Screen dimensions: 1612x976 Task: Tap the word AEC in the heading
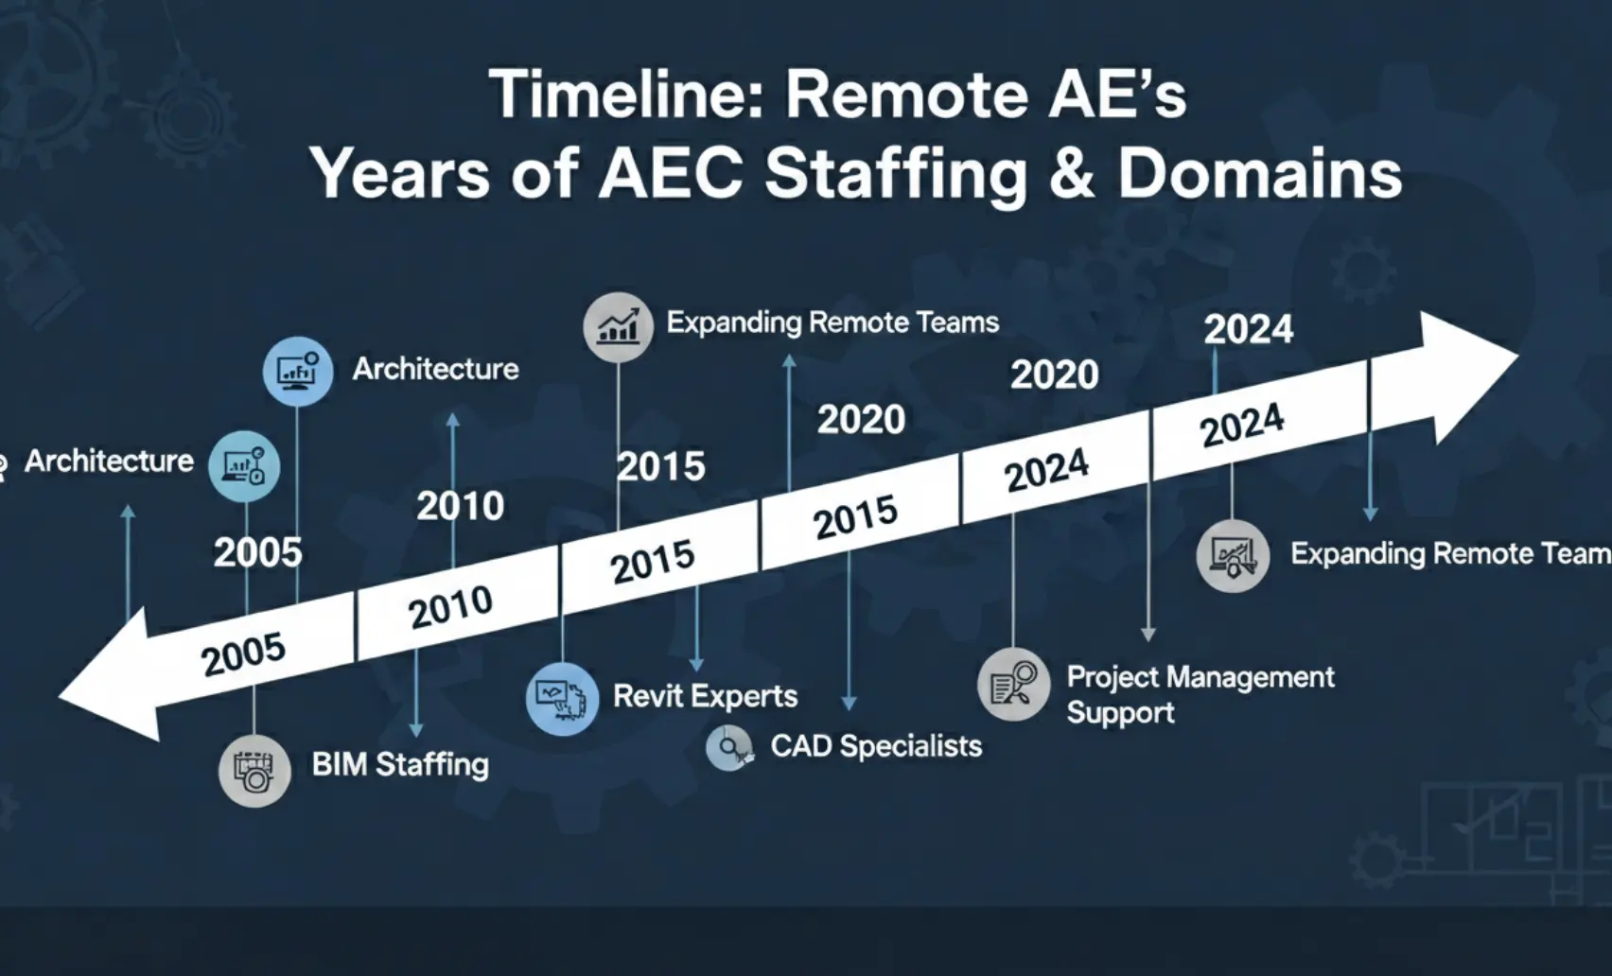670,175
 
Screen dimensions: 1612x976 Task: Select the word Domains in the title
1259,175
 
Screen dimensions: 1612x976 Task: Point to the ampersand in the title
1073,175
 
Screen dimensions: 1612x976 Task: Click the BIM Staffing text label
400,764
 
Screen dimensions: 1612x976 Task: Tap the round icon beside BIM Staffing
254,771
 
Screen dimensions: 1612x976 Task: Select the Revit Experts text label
706,696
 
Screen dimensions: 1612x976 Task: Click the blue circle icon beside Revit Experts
562,699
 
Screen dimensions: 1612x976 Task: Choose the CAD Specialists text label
877,746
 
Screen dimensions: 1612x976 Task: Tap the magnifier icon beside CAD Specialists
729,748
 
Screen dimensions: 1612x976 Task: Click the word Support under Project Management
1120,713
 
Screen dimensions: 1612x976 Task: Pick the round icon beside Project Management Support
1013,685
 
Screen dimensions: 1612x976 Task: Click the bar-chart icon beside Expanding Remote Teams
618,327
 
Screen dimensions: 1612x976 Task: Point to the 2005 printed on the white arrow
243,654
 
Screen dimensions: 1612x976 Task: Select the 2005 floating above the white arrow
257,553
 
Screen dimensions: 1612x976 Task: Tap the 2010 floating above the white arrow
461,506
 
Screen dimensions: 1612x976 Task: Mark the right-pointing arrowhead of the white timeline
1468,377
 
